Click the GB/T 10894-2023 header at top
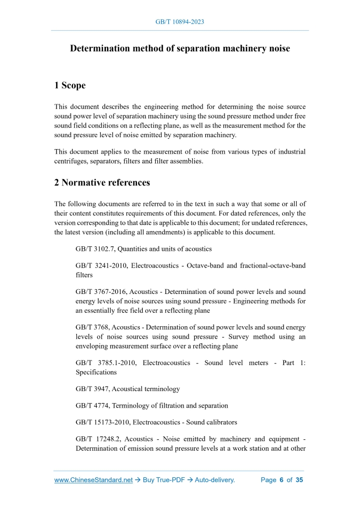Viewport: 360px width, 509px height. coord(180,22)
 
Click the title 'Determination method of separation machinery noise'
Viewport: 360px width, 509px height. coord(180,49)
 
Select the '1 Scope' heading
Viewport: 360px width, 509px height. coord(70,85)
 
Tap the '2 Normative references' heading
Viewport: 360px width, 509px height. coord(102,182)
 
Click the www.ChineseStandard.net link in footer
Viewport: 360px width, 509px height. coord(94,480)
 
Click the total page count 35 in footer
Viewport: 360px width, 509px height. coord(299,480)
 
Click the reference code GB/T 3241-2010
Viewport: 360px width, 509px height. coord(101,265)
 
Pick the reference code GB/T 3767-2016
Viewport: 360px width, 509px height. coord(101,292)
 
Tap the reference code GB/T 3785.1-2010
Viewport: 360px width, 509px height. coord(105,363)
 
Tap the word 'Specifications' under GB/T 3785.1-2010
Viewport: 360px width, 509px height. coord(96,372)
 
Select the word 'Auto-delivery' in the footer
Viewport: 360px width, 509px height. coord(215,480)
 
